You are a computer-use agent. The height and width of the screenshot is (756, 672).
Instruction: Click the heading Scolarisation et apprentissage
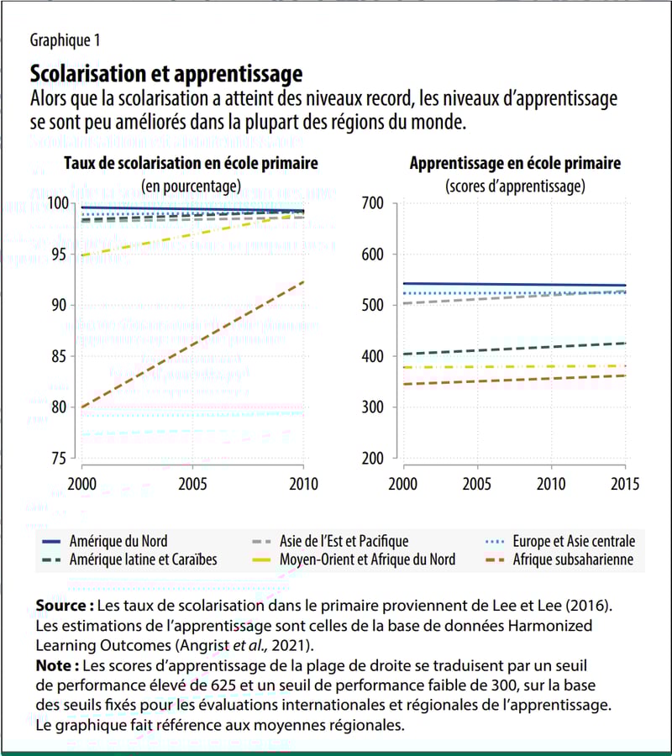[x=165, y=73]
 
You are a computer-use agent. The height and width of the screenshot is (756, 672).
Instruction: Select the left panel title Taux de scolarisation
[x=191, y=164]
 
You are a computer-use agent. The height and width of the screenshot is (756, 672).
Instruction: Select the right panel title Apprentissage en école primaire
[x=515, y=164]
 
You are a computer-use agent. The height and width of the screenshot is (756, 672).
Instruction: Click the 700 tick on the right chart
[x=374, y=203]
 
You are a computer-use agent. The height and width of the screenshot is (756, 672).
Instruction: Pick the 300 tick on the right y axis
[x=374, y=407]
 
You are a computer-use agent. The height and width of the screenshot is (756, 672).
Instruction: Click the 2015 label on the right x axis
[x=625, y=485]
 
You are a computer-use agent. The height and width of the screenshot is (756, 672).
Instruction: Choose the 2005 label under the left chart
[x=192, y=485]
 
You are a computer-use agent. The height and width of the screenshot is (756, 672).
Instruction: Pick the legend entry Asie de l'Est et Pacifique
[x=344, y=542]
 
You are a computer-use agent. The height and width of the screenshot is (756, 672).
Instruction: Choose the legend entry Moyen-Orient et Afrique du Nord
[x=367, y=560]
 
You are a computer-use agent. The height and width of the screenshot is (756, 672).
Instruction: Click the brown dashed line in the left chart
[x=192, y=344]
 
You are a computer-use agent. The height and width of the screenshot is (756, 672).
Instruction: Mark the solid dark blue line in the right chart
[x=514, y=285]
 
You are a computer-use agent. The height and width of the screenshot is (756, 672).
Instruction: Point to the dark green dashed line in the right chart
[x=514, y=349]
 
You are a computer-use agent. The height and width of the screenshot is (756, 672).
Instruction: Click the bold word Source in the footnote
[x=64, y=606]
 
